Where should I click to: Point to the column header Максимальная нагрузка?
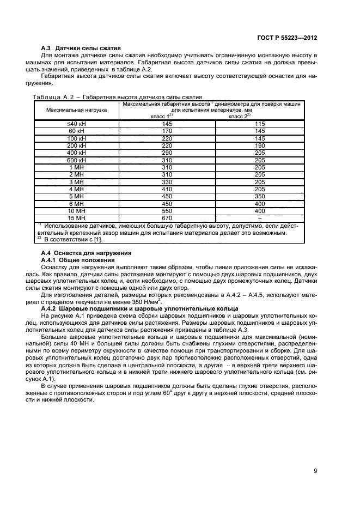pos(77,110)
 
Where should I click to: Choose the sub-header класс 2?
pos(239,116)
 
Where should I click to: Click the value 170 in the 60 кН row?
pos(168,131)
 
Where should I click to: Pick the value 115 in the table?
pos(260,124)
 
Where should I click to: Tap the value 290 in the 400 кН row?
pos(168,153)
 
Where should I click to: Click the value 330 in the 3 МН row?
pos(168,181)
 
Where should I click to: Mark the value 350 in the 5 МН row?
pos(260,196)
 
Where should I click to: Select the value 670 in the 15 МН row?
pos(168,218)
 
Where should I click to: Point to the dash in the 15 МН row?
pos(260,218)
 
